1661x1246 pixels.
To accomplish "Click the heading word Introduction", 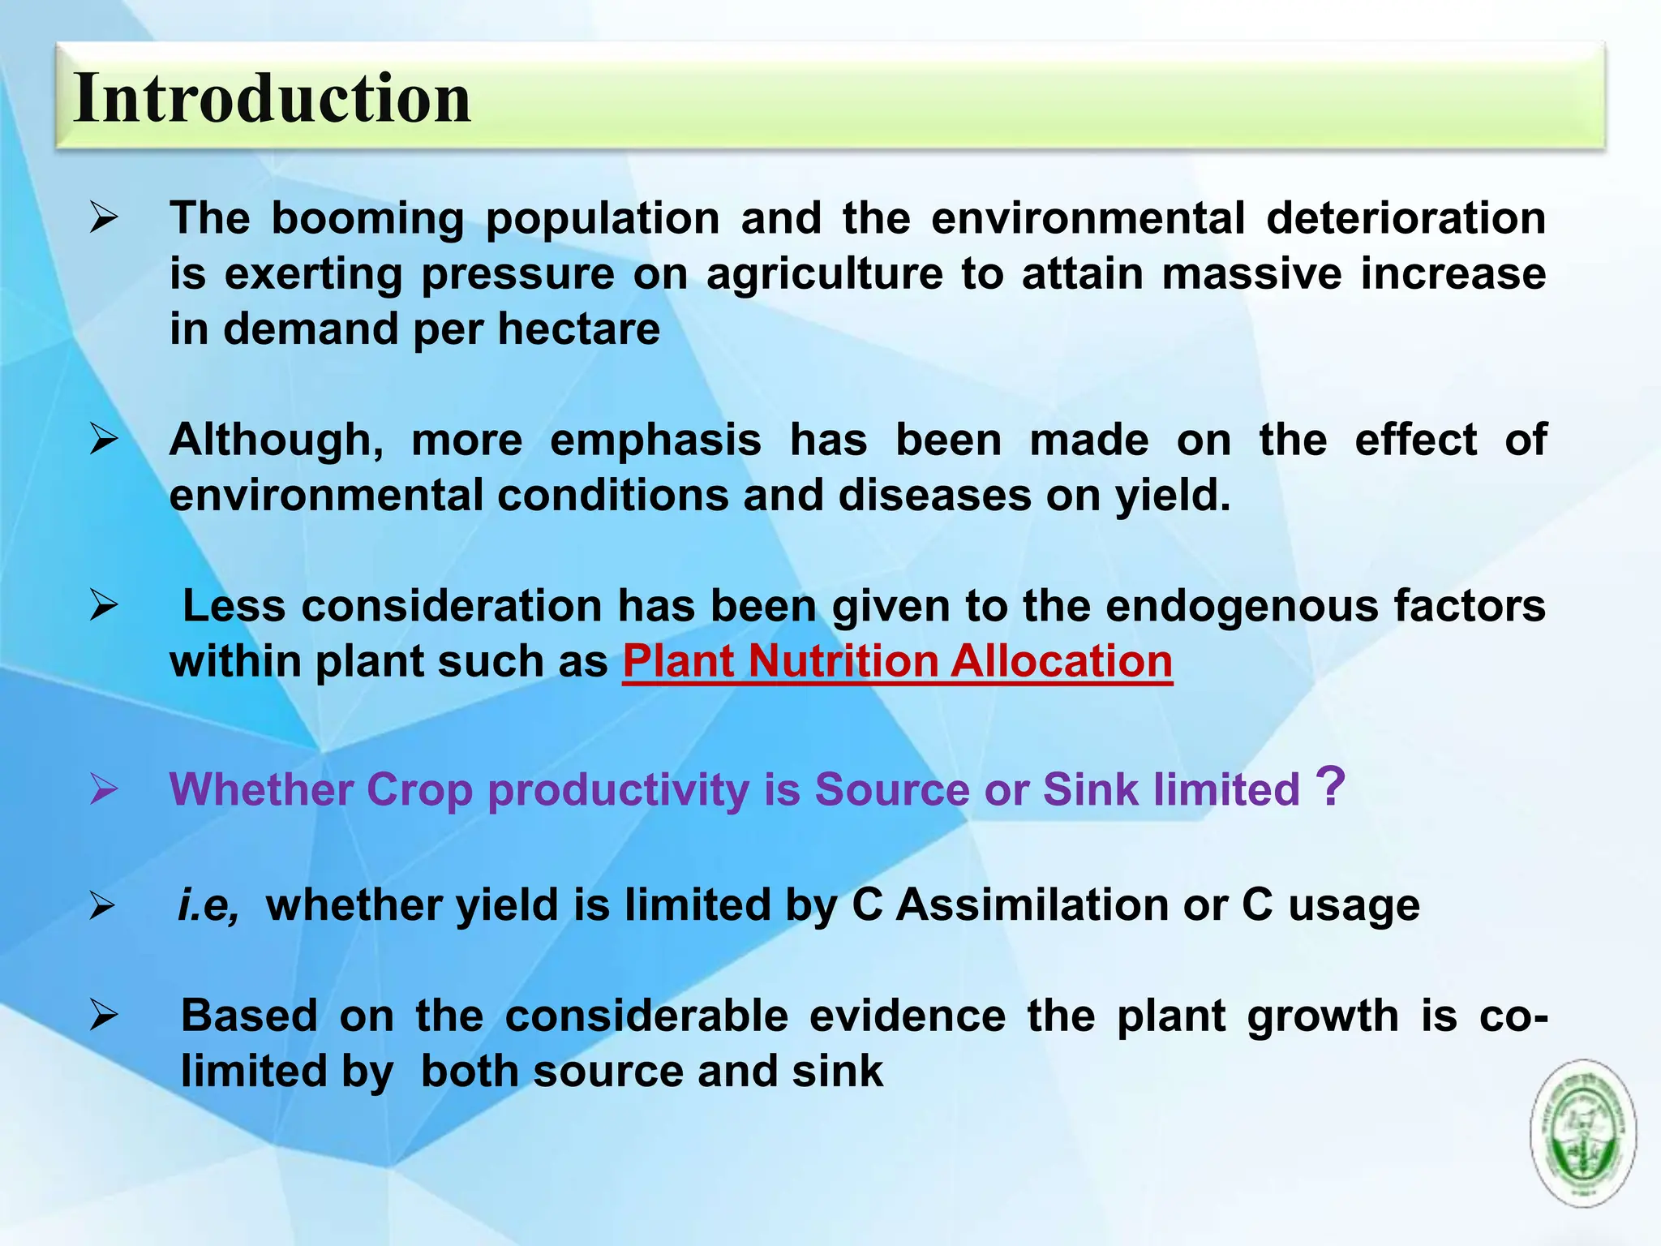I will pyautogui.click(x=272, y=99).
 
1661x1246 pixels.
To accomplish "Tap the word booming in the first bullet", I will pyautogui.click(x=367, y=219).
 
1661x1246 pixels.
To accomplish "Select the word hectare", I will pyautogui.click(x=578, y=329).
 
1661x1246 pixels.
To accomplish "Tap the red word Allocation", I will pyautogui.click(x=1062, y=661).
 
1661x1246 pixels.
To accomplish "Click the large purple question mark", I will pyautogui.click(x=1330, y=787).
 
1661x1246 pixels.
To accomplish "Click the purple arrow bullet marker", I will pyautogui.click(x=104, y=788).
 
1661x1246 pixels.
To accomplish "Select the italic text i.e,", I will pyautogui.click(x=208, y=905).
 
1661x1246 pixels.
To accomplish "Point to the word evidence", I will pyautogui.click(x=907, y=1016).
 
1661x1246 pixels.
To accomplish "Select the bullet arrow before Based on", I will pyautogui.click(x=104, y=1016).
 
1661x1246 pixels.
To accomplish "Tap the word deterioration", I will pyautogui.click(x=1406, y=219).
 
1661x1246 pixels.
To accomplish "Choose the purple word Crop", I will pyautogui.click(x=418, y=789).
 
